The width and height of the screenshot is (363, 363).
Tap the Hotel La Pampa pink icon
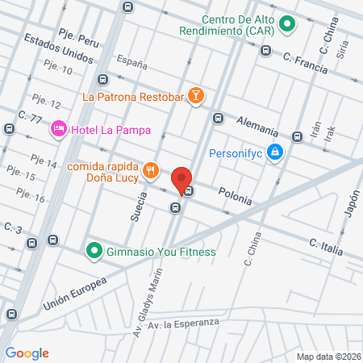pyautogui.click(x=58, y=129)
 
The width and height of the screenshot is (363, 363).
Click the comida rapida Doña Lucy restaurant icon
pyautogui.click(x=150, y=170)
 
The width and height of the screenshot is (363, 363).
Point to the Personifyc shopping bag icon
pyautogui.click(x=275, y=152)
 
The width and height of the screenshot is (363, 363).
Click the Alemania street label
pyautogui.click(x=258, y=126)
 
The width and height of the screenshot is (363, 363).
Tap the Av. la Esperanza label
pyautogui.click(x=186, y=323)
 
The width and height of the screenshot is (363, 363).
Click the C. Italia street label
pyautogui.click(x=326, y=244)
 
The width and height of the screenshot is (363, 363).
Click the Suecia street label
pyautogui.click(x=136, y=206)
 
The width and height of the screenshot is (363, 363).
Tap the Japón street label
pyautogui.click(x=351, y=202)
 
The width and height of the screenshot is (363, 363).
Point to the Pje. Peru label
pyautogui.click(x=78, y=36)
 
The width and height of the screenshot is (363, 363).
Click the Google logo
pyautogui.click(x=27, y=353)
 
